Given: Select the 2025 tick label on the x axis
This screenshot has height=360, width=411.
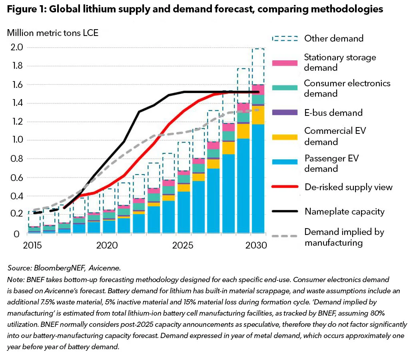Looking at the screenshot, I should pyautogui.click(x=183, y=245).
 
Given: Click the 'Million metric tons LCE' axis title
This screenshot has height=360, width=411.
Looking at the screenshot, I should pyautogui.click(x=52, y=33).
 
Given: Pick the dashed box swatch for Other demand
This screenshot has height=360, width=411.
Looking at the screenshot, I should pyautogui.click(x=285, y=39).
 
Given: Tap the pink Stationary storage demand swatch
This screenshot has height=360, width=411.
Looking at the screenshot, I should pyautogui.click(x=285, y=63).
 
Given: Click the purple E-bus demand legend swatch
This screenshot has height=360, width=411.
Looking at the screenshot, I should pyautogui.click(x=285, y=113).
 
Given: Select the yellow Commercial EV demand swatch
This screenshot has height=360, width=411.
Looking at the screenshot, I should pyautogui.click(x=285, y=137).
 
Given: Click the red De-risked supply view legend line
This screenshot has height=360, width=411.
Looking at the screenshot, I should pyautogui.click(x=285, y=187).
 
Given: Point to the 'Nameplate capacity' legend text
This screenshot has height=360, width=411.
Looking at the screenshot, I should pyautogui.click(x=344, y=211).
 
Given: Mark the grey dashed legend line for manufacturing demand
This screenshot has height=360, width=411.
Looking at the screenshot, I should pyautogui.click(x=285, y=236).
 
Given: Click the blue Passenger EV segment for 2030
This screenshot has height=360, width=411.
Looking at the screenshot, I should pyautogui.click(x=258, y=180).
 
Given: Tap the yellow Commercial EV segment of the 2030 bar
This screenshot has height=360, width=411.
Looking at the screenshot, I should pyautogui.click(x=258, y=115).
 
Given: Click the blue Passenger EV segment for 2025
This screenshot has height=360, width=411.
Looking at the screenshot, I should pyautogui.click(x=184, y=212).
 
